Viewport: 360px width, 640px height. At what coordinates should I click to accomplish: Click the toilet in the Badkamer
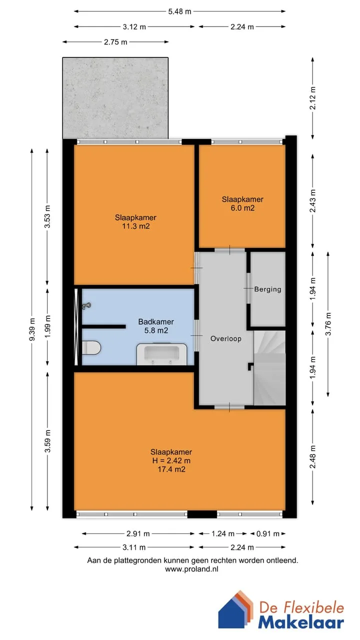tap(91, 347)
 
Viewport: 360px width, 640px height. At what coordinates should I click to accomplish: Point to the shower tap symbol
tap(86, 306)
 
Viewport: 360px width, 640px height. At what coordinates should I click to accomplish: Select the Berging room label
tap(267, 289)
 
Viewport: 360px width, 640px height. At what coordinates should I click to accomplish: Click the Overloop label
tap(225, 338)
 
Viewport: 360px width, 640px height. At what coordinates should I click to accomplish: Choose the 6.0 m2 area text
tap(242, 208)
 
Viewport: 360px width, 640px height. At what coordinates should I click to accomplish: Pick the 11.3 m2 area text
tap(136, 226)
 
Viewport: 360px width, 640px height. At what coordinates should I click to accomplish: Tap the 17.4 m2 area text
tap(171, 469)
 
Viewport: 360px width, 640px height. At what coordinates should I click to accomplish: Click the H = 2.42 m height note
tap(171, 460)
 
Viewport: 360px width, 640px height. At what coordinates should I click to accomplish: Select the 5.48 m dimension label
tap(179, 11)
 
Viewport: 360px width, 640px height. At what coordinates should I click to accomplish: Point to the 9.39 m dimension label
tap(32, 329)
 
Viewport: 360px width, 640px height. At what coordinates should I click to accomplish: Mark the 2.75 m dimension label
tap(115, 42)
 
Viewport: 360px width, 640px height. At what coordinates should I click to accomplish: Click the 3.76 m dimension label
tap(328, 324)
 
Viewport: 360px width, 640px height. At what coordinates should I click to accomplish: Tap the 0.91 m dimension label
tap(267, 533)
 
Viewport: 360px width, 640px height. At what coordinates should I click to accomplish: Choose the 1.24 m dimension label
tap(223, 533)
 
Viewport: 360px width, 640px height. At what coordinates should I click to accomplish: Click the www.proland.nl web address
tap(191, 569)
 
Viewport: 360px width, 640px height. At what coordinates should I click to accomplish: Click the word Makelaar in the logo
tap(301, 622)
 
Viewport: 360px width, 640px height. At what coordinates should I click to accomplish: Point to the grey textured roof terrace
tap(115, 98)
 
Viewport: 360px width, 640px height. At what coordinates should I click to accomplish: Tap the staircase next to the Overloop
tap(269, 367)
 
